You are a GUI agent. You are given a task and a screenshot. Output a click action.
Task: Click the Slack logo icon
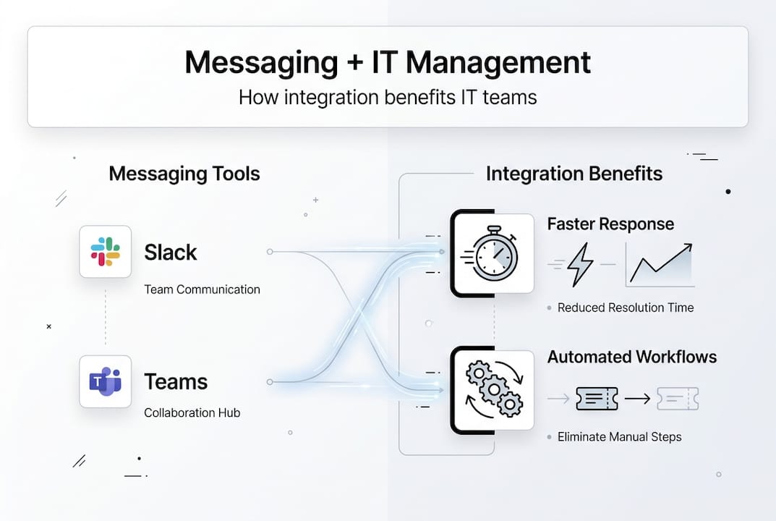(x=106, y=252)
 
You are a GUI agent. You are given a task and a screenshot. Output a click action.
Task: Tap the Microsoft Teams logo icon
(x=106, y=381)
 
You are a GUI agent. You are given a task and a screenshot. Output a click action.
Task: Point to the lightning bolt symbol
(x=580, y=265)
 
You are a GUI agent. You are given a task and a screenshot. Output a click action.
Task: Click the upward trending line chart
(x=660, y=264)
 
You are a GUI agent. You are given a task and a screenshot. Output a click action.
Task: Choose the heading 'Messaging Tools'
(x=184, y=174)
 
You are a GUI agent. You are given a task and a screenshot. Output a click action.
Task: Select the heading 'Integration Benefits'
(x=574, y=174)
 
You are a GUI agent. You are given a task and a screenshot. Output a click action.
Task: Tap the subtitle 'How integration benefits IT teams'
(x=388, y=97)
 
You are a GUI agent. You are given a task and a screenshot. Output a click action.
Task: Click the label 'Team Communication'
(x=202, y=289)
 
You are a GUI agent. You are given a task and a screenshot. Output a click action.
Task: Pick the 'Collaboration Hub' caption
(x=192, y=413)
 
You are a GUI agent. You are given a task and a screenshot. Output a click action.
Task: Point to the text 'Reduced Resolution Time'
(x=626, y=308)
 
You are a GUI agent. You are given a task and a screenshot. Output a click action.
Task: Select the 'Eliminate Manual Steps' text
(x=619, y=437)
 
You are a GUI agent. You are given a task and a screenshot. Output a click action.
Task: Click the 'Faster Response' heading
(x=610, y=224)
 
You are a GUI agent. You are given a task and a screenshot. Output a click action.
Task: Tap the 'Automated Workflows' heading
(x=632, y=357)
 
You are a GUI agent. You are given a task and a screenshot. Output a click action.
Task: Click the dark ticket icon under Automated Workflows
(x=597, y=398)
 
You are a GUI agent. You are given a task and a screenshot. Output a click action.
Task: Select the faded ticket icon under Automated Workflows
(x=678, y=398)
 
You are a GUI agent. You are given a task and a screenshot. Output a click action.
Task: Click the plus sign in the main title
(x=354, y=64)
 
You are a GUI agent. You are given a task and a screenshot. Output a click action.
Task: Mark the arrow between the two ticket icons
(x=637, y=398)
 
